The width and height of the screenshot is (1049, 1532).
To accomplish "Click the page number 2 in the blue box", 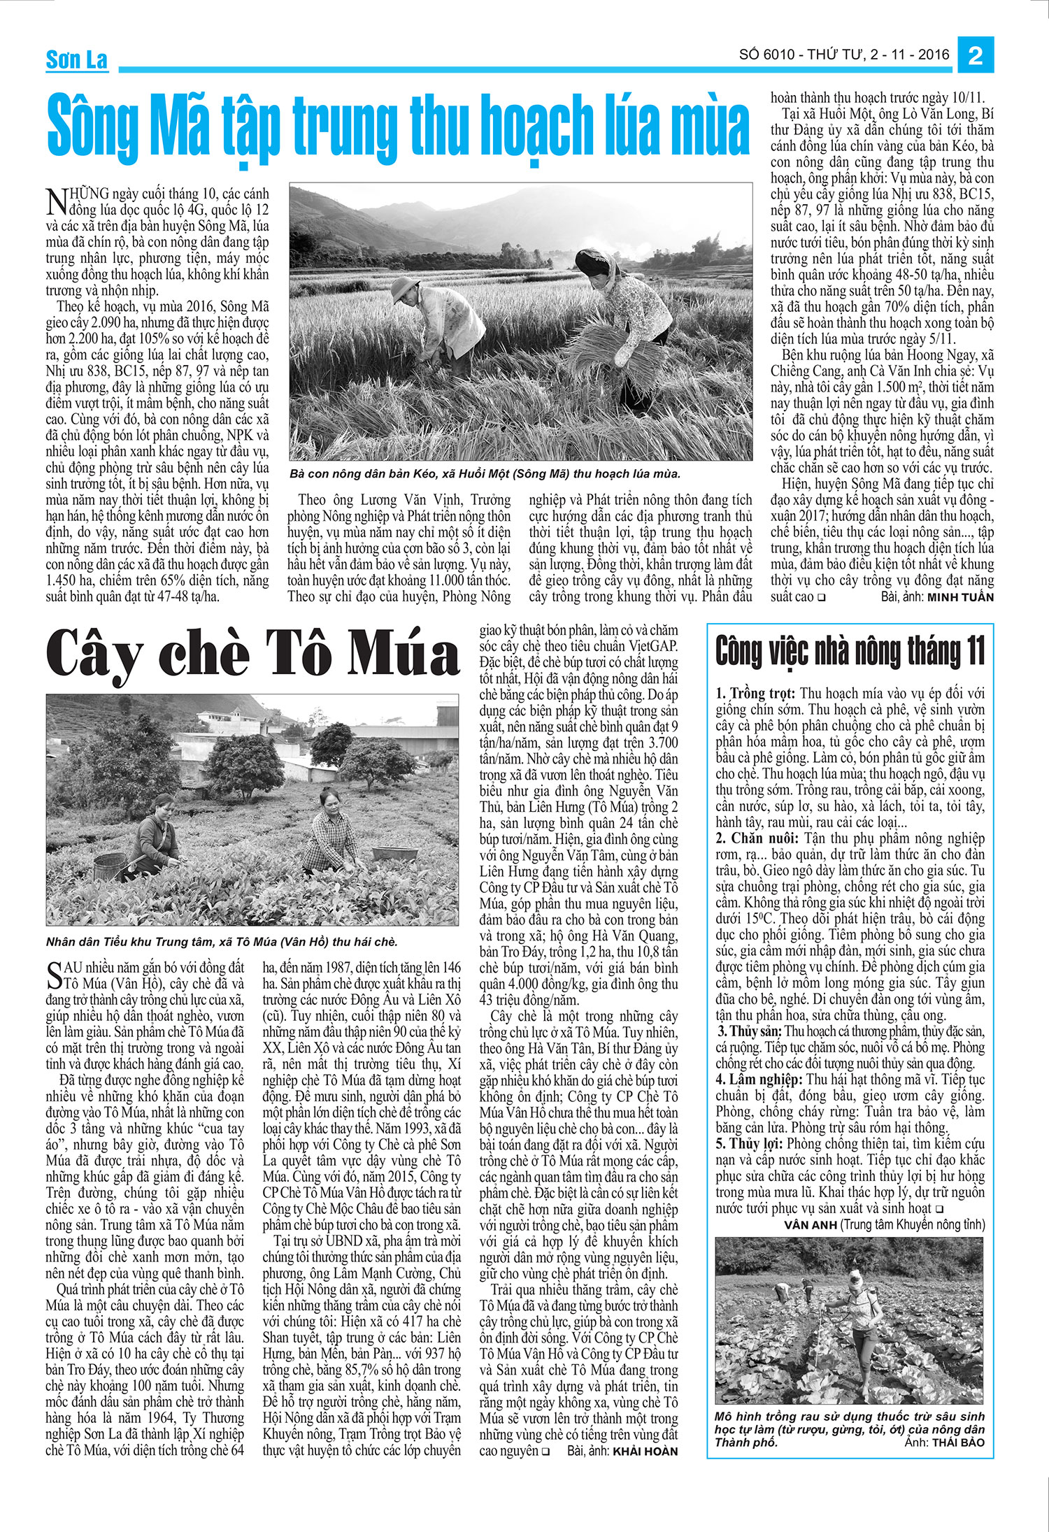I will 976,55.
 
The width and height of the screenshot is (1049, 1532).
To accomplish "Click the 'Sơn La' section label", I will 76,61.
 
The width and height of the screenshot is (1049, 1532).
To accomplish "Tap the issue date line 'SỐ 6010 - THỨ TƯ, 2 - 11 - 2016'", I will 844,55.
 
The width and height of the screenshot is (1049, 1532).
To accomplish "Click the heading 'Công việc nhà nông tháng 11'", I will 850,652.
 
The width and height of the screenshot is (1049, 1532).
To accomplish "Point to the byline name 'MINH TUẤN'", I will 962,598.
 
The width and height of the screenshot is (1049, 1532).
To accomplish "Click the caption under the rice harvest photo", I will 484,474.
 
